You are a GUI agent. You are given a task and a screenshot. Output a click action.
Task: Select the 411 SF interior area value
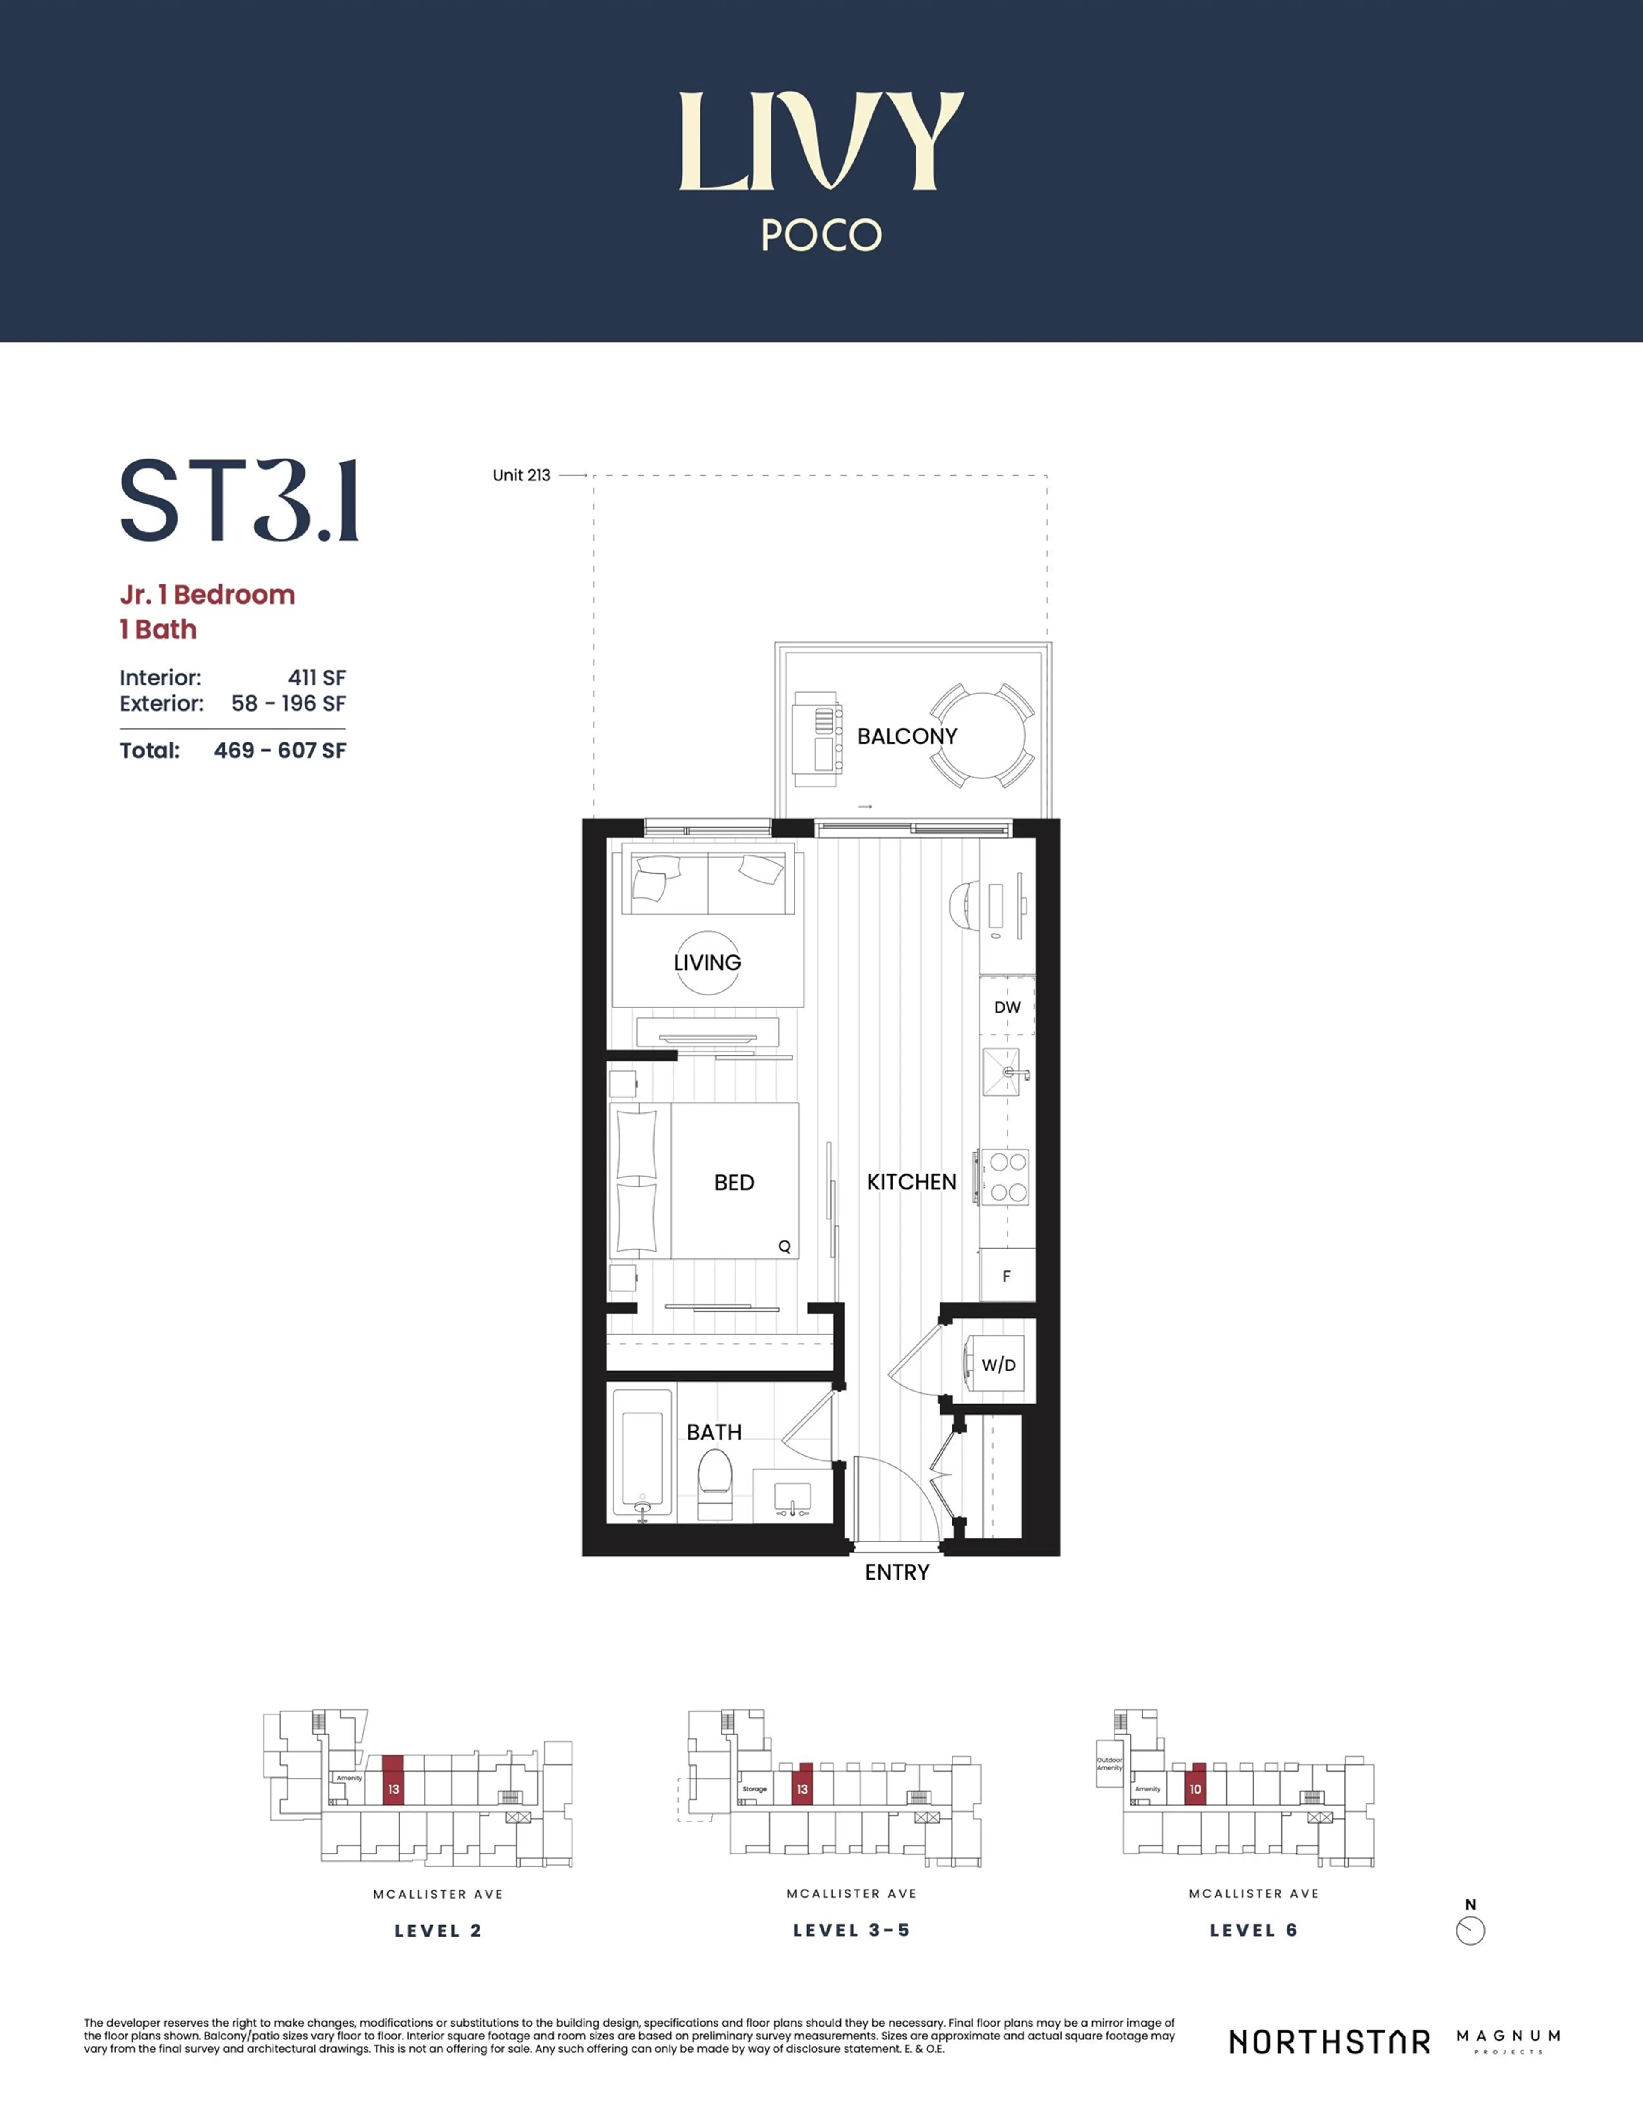317,677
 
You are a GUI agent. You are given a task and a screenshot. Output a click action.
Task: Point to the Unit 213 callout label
521,476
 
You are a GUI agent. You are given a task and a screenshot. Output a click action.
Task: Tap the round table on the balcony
982,736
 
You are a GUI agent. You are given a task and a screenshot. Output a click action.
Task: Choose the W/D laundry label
998,1365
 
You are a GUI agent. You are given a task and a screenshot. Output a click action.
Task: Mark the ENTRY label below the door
897,1572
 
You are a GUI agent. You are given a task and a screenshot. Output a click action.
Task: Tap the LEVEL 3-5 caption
851,1930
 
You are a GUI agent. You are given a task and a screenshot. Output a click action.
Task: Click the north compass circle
1470,1931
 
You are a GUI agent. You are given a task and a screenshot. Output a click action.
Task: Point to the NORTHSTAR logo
1329,2042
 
